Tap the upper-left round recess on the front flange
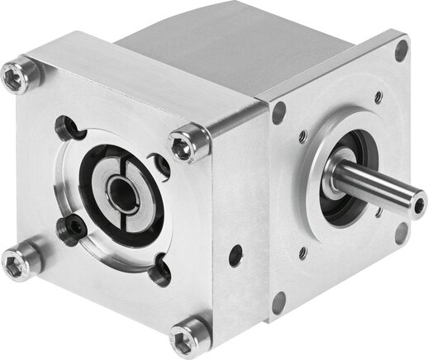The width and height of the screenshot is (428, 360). pyautogui.click(x=66, y=128)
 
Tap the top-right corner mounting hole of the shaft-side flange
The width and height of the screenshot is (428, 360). pyautogui.click(x=401, y=50)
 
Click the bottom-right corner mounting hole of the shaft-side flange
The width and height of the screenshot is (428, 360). pyautogui.click(x=401, y=233)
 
